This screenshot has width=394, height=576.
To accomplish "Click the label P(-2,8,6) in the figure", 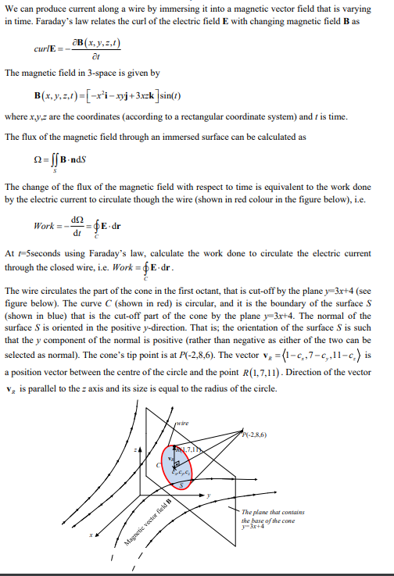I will tap(254, 435).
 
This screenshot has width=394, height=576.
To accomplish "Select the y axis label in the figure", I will tap(210, 495).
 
